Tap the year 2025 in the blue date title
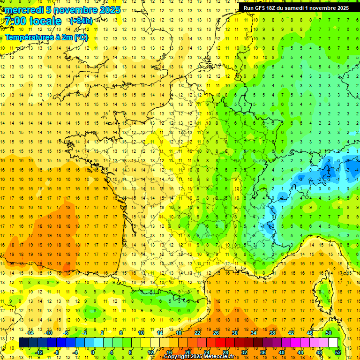(109, 10)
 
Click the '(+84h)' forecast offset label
(81, 22)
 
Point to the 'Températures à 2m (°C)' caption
(46, 37)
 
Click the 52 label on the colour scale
(338, 352)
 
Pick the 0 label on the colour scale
(93, 352)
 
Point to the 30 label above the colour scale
(235, 333)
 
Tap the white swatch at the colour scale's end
(333, 343)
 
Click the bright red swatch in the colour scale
(220, 343)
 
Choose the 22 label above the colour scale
(197, 333)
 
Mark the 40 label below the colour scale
(282, 352)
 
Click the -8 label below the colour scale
(57, 352)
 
